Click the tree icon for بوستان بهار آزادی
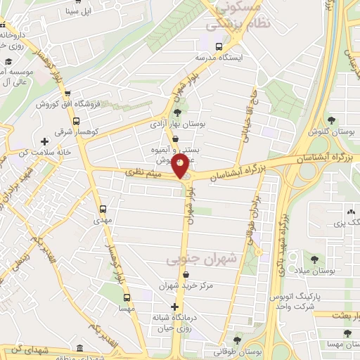click(x=177, y=111)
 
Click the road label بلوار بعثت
click(x=342, y=316)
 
